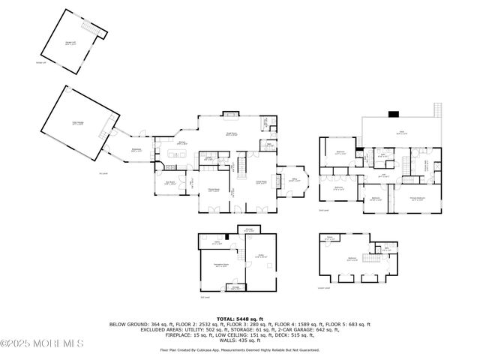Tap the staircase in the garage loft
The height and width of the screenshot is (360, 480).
tap(92, 28)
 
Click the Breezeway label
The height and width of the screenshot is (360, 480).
tap(137, 150)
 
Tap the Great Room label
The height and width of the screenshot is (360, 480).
tap(232, 133)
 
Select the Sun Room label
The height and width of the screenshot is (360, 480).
tap(170, 182)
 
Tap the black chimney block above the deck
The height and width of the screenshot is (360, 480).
tap(392, 115)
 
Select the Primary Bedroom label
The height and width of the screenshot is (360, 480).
tap(417, 199)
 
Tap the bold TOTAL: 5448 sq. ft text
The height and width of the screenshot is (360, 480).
tap(239, 319)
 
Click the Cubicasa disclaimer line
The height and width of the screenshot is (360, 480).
tap(239, 349)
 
